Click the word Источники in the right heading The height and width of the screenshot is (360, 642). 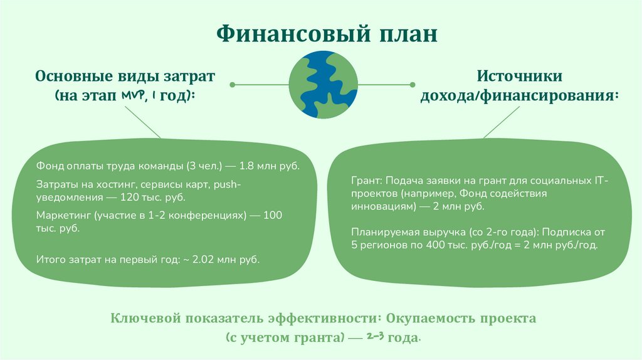pyautogui.click(x=520, y=77)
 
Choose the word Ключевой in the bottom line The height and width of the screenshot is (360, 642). pyautogui.click(x=142, y=318)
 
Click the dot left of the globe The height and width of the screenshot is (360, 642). pyautogui.click(x=232, y=83)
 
